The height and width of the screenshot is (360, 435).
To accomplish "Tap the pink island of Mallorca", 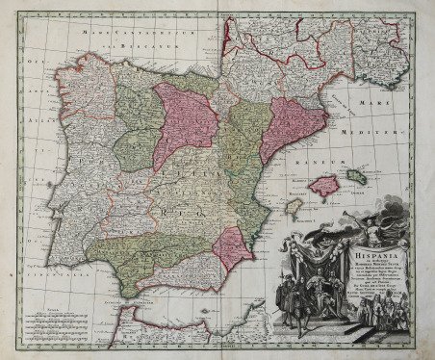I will click(330, 183).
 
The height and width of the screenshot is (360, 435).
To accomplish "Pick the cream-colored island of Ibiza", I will click(294, 205).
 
